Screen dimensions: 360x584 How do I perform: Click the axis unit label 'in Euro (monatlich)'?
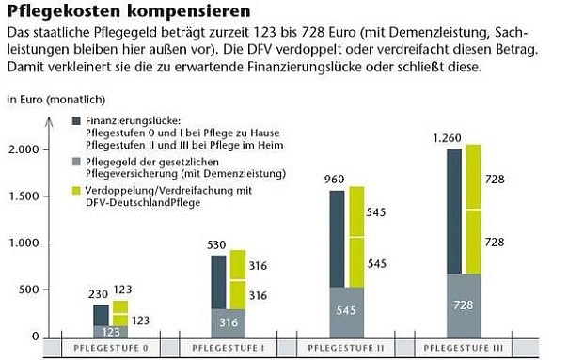(x=55, y=99)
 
